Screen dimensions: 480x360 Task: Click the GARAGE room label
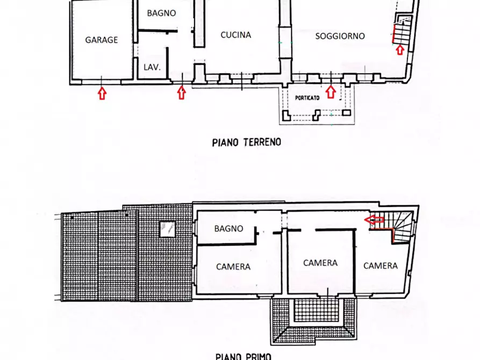102,40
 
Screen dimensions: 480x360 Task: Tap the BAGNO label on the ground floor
161,13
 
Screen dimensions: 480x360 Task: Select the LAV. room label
152,67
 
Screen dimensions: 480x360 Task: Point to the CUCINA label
236,35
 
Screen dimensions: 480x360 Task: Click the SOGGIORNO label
340,36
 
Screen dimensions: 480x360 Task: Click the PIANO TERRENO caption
246,142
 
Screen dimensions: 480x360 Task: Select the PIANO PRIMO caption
243,356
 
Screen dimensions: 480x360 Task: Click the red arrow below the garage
102,93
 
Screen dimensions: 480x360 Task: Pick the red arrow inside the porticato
331,92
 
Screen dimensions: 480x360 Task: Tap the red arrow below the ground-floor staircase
400,49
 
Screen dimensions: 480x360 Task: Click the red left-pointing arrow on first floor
374,219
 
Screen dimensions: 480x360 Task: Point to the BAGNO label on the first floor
228,229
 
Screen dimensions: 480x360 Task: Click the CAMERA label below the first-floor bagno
233,267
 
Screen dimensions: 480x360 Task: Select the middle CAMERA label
320,263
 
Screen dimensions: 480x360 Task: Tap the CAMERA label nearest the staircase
381,266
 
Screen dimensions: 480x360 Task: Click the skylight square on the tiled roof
168,229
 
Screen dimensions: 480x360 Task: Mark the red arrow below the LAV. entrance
182,93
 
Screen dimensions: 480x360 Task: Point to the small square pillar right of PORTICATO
346,113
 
